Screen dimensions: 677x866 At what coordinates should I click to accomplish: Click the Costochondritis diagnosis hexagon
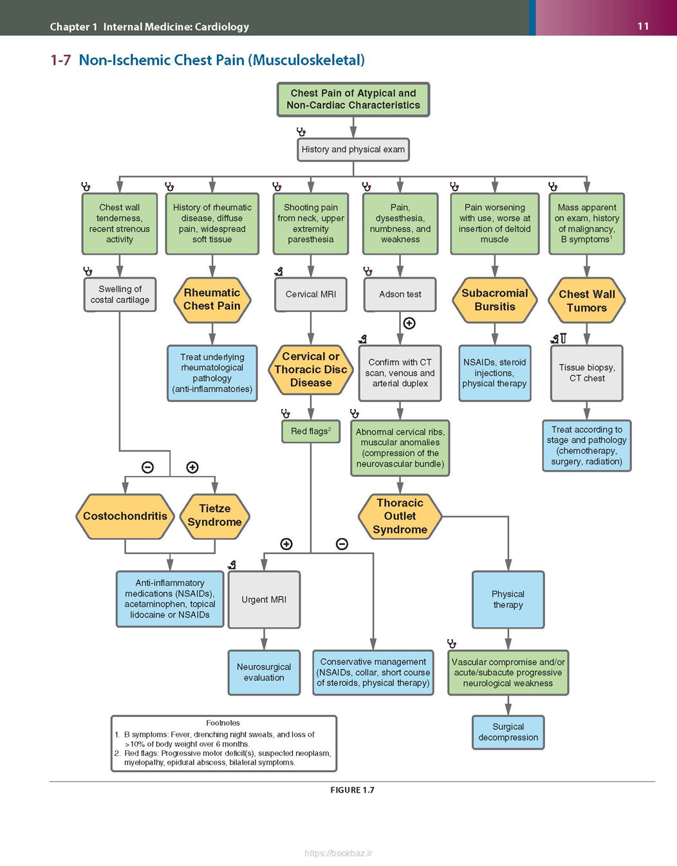pos(125,517)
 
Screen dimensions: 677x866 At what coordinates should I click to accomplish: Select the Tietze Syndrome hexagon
pos(215,517)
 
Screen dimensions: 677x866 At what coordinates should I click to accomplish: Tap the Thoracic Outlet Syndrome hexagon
pos(400,517)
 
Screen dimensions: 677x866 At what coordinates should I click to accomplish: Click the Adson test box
pos(400,295)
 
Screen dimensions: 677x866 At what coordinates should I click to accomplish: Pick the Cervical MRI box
pos(311,295)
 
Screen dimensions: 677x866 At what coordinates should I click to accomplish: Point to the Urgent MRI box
pos(264,600)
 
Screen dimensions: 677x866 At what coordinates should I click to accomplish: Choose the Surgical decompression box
pos(508,732)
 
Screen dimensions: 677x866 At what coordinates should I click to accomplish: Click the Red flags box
pos(311,431)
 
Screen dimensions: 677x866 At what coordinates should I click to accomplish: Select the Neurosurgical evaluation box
pos(264,673)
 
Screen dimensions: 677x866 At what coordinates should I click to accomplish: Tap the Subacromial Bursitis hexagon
pos(494,300)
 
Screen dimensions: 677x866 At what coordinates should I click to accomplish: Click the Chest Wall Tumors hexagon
pos(586,300)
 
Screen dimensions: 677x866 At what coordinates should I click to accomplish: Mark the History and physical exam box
pos(353,150)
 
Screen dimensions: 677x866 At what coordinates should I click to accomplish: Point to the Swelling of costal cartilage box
pos(120,295)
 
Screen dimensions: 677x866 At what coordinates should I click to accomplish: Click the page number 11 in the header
pos(643,26)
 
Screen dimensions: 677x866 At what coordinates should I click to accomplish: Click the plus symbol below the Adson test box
pos(409,323)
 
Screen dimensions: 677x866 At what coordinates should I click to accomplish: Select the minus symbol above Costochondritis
pos(147,467)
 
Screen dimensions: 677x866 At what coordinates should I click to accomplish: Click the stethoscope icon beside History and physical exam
pos(301,132)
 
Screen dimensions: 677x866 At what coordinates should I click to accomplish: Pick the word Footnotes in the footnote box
pos(223,723)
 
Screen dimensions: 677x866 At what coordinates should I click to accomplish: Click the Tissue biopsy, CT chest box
pos(586,373)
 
